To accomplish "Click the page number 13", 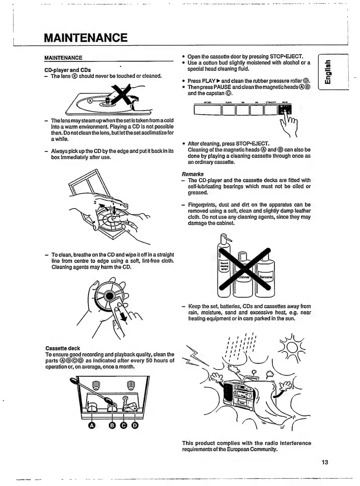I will (x=324, y=462).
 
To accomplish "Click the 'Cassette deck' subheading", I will (x=63, y=348).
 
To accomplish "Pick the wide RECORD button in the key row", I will (x=207, y=111).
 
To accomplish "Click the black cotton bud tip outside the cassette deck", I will (x=73, y=381).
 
